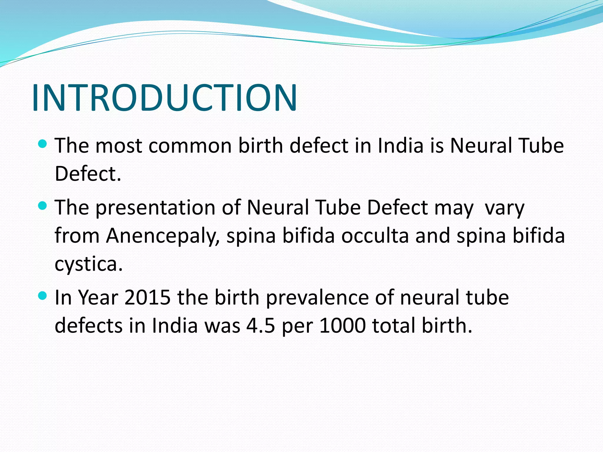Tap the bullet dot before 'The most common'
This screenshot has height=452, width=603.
click(x=43, y=144)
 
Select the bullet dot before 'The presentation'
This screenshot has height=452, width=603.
click(x=43, y=206)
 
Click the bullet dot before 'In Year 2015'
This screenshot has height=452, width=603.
click(x=43, y=296)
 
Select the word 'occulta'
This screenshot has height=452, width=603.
click(x=375, y=236)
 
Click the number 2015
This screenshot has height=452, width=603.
click(x=147, y=297)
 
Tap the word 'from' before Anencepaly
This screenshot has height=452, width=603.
click(x=77, y=236)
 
